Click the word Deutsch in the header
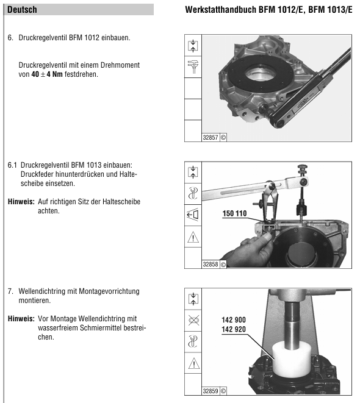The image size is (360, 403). click(x=22, y=10)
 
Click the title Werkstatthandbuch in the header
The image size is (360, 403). click(x=221, y=10)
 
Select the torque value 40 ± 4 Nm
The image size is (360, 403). click(x=47, y=74)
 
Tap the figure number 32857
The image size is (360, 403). click(x=211, y=138)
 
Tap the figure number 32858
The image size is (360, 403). click(x=211, y=264)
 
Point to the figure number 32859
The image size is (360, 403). click(x=211, y=391)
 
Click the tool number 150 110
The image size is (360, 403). click(x=234, y=213)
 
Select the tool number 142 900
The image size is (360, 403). click(x=234, y=319)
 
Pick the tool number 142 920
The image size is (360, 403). click(x=234, y=329)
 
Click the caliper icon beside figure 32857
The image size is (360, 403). click(x=193, y=67)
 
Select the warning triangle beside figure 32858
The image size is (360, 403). click(x=193, y=237)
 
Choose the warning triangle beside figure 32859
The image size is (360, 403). click(x=193, y=363)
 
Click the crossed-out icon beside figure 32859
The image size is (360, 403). click(x=193, y=320)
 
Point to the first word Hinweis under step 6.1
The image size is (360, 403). click(x=21, y=201)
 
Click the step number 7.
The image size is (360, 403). click(x=10, y=291)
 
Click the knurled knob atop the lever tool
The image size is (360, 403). click(x=303, y=169)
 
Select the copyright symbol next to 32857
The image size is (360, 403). click(x=223, y=138)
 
